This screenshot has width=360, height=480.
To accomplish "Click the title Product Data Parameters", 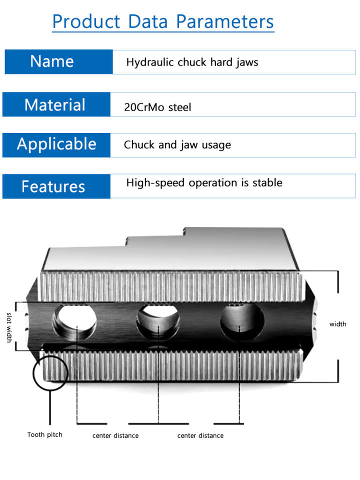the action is (x=163, y=21).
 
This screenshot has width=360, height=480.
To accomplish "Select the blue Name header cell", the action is (x=52, y=61).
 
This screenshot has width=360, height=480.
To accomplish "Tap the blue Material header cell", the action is (x=55, y=105).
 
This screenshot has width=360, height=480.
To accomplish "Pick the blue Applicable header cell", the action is (x=56, y=144).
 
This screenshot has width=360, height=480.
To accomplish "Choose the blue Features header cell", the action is (x=53, y=186).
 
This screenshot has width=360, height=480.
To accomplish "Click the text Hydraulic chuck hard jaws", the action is (x=192, y=62).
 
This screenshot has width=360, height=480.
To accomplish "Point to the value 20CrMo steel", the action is (x=157, y=107).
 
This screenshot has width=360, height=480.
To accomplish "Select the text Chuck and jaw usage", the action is (x=177, y=145).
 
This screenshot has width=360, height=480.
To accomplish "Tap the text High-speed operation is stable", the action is (x=204, y=183).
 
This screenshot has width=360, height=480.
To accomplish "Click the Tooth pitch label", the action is (x=45, y=434).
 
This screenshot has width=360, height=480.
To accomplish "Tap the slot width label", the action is (x=9, y=327).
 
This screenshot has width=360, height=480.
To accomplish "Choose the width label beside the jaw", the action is (x=337, y=324).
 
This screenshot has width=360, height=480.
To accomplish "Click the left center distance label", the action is (x=115, y=435).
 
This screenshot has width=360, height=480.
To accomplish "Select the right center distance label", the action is (x=200, y=435).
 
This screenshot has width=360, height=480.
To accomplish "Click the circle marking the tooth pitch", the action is (x=50, y=371).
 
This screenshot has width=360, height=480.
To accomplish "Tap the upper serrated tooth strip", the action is (x=173, y=286).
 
